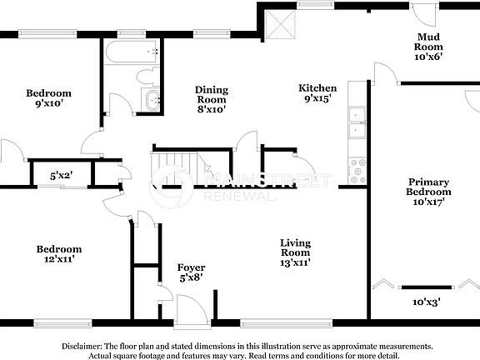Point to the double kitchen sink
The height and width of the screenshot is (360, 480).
click(x=357, y=122)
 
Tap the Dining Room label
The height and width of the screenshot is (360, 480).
click(x=212, y=98)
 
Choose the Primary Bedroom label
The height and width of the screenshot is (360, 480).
click(x=428, y=191)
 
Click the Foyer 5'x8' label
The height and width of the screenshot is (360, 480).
click(x=192, y=272)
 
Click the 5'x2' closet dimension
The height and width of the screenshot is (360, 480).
click(x=61, y=176)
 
